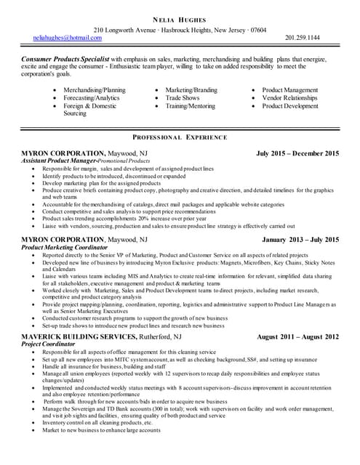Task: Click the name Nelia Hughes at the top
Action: [x=180, y=19]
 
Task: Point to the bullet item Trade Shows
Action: [x=182, y=97]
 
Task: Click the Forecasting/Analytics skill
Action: [x=92, y=97]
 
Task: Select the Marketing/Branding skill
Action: [x=191, y=89]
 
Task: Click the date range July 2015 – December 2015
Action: [x=297, y=153]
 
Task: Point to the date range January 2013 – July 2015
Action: [x=300, y=239]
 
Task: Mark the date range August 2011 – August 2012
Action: [x=298, y=337]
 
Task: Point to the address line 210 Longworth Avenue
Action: [x=136, y=30]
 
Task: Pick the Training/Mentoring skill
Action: [x=191, y=105]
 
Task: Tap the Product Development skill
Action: [x=291, y=105]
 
